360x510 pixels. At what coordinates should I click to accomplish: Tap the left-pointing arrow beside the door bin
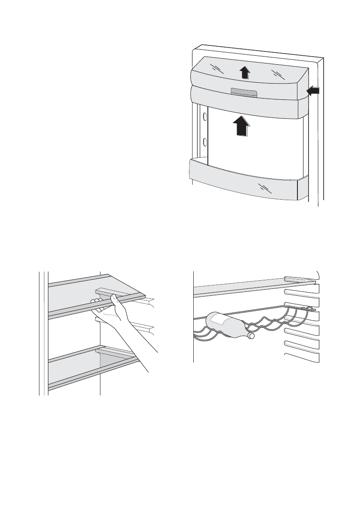(313, 91)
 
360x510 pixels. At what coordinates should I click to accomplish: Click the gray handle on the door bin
(244, 93)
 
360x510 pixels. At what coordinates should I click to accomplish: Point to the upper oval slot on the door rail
(205, 116)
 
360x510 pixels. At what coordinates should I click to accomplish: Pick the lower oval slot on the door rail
(205, 142)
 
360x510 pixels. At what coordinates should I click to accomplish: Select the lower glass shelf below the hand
(86, 366)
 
